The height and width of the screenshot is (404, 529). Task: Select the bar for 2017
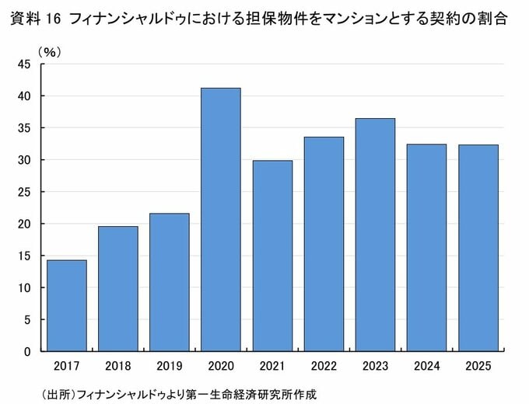[66, 305]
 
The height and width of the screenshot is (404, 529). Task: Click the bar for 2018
[117, 288]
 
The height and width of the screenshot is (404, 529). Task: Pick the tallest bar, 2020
[220, 219]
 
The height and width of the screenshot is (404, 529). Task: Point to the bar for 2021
[272, 256]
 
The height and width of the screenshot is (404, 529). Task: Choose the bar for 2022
[324, 244]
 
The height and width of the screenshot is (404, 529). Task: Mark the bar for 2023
[375, 235]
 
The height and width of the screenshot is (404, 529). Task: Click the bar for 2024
[426, 247]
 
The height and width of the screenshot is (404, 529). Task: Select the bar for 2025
[478, 248]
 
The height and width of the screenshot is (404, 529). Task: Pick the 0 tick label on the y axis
[27, 351]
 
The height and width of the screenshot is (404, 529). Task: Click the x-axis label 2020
[220, 365]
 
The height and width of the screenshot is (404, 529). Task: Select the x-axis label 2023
[375, 365]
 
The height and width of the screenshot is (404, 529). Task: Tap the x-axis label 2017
[66, 365]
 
